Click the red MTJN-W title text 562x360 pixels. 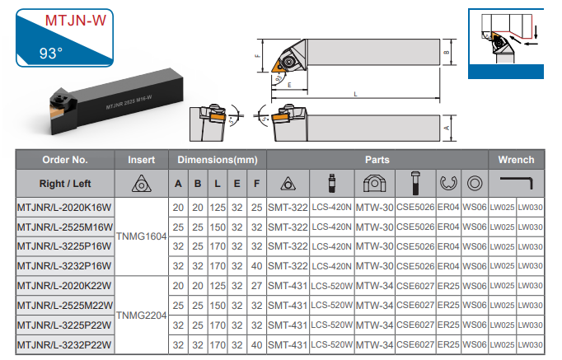pos(76,21)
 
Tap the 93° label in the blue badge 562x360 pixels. pos(51,54)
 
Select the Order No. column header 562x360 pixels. pos(65,160)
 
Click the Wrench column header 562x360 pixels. pos(516,160)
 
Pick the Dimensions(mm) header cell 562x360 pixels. pos(218,160)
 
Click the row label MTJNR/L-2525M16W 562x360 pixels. pos(65,227)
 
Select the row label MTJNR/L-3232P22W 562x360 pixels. pos(64,345)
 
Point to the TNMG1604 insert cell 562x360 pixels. pos(142,236)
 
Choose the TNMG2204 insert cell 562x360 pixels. pos(142,316)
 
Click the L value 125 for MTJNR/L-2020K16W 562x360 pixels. pos(218,208)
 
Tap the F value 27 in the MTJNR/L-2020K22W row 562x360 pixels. pos(256,286)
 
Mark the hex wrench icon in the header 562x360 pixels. pos(517,183)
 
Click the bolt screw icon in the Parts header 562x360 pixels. pos(415,183)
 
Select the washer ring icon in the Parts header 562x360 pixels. pos(475,184)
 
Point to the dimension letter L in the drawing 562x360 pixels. pos(355,94)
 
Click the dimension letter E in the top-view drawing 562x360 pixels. pos(289,85)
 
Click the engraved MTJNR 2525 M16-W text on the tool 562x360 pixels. pos(129,102)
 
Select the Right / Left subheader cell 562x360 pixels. pos(65,184)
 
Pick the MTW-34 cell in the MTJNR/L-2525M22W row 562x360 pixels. pos(375,306)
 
